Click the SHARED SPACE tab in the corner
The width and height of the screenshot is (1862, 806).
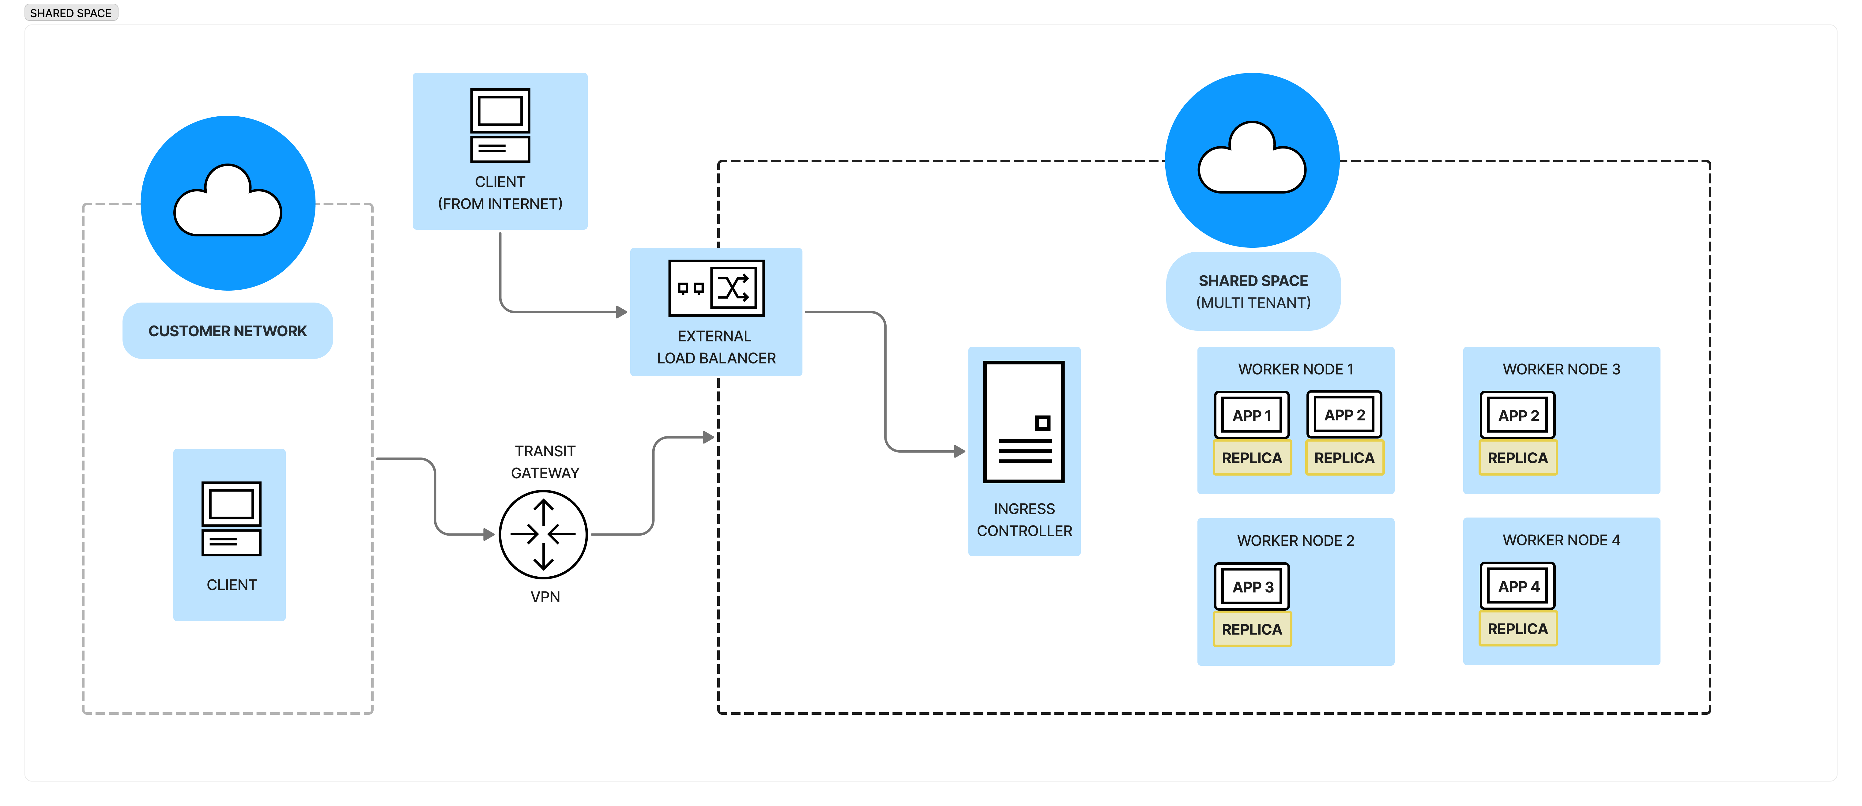tap(71, 13)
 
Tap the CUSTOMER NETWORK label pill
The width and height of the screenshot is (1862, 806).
tap(228, 331)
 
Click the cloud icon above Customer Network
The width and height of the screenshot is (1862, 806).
tap(228, 202)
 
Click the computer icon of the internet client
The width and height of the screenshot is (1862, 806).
tap(500, 125)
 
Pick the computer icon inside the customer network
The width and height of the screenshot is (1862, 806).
tap(231, 518)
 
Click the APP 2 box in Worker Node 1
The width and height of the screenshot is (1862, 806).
tap(1344, 415)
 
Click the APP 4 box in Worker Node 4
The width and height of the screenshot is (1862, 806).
tap(1518, 586)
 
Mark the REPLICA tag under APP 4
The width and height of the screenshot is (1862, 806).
tap(1518, 629)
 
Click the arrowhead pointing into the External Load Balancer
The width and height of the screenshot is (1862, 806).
tap(622, 312)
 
